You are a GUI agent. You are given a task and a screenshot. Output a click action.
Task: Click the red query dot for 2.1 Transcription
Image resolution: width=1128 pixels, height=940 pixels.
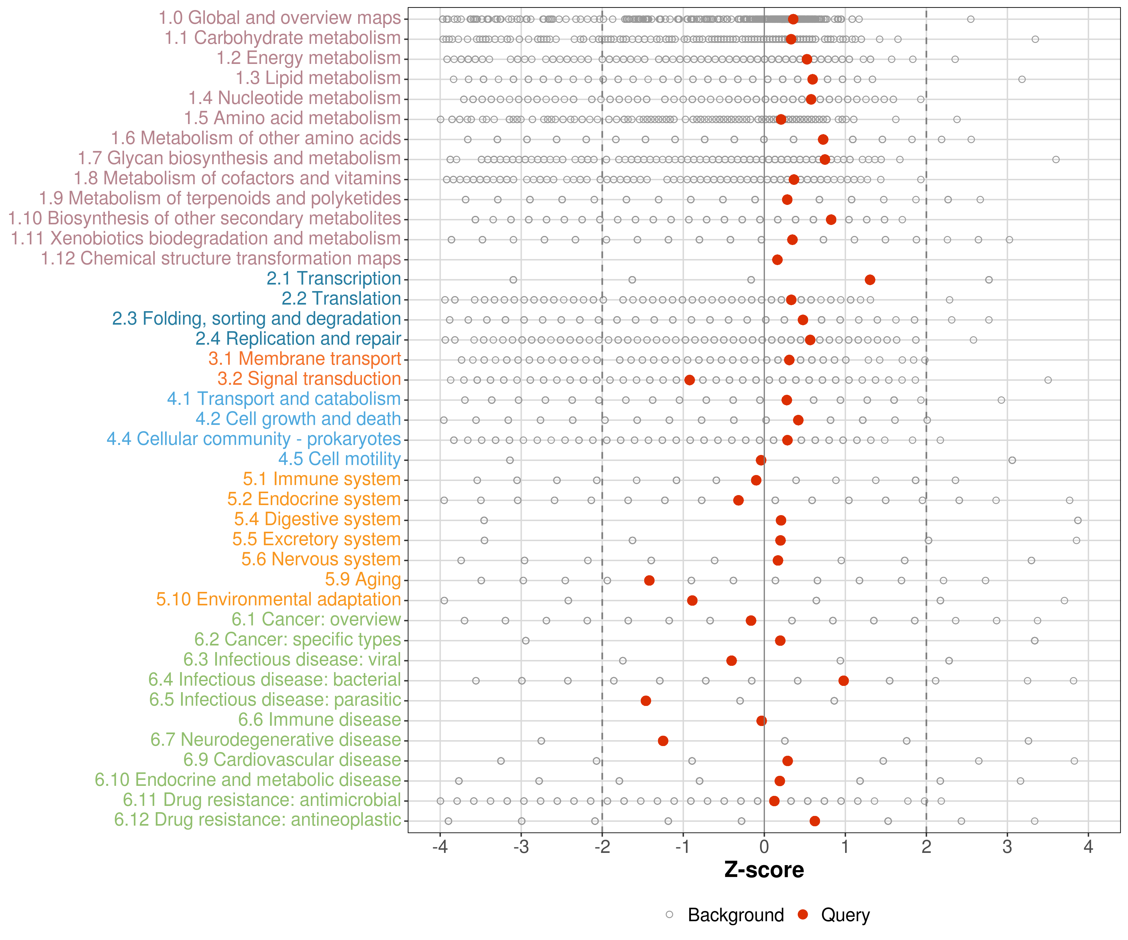point(869,280)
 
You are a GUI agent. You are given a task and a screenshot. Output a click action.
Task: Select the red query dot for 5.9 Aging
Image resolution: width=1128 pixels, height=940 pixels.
point(649,581)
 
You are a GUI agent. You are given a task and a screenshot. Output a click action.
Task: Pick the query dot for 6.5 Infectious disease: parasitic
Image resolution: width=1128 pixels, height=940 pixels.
point(646,701)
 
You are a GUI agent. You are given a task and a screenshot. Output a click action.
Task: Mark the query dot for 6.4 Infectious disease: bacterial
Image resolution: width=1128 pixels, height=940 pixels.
point(843,681)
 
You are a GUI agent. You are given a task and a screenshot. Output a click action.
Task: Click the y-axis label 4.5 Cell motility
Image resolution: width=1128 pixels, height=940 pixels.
point(339,459)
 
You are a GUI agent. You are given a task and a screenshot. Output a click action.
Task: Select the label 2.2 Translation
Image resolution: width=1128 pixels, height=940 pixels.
point(341,299)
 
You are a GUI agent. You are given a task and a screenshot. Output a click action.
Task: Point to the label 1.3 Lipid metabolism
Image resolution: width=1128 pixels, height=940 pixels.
point(318,78)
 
